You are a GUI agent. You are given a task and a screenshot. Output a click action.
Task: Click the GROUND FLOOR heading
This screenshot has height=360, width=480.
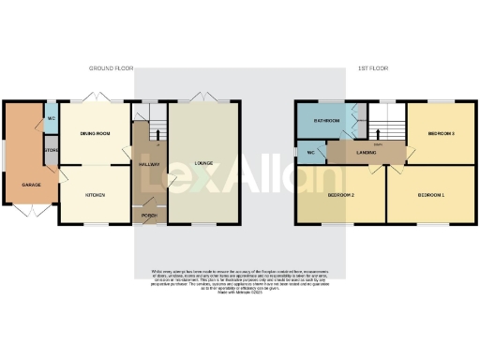(112, 69)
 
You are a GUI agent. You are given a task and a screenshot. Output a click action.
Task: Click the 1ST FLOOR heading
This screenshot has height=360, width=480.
(372, 69)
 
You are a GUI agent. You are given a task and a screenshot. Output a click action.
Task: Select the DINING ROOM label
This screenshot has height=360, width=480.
(96, 134)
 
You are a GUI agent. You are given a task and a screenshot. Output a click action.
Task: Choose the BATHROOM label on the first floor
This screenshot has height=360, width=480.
(326, 121)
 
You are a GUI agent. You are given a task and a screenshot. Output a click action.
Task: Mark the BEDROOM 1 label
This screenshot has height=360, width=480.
(430, 194)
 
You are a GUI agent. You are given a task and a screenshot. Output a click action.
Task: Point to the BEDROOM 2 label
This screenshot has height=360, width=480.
(339, 194)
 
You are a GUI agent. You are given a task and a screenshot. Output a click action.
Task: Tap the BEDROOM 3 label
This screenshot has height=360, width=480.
(441, 134)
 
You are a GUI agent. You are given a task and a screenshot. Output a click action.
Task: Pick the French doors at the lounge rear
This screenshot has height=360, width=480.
(204, 97)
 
